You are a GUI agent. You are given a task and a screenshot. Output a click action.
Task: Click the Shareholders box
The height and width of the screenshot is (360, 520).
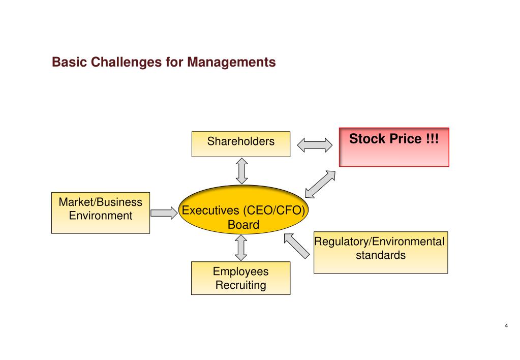[240, 144]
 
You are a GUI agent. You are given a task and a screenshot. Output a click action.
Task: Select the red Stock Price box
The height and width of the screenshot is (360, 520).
[394, 147]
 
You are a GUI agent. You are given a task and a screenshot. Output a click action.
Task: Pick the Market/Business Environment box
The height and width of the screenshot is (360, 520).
[101, 213]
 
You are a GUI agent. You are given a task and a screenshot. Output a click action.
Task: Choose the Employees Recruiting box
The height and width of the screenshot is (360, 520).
[240, 278]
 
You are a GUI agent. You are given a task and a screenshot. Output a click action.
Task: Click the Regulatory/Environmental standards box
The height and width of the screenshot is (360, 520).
[380, 253]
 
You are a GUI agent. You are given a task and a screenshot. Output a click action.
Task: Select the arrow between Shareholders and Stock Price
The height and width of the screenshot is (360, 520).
[314, 146]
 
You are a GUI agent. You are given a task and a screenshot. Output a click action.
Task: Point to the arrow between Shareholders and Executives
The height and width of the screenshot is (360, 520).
[242, 170]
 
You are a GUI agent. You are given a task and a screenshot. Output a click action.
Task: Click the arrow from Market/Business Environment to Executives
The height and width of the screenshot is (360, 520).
[163, 213]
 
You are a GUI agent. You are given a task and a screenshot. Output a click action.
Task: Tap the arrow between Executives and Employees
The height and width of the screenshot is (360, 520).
[241, 248]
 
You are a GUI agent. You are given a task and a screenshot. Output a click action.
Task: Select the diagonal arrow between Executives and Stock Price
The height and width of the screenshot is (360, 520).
[320, 184]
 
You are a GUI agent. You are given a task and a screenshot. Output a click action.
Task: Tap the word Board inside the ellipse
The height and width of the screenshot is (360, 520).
[243, 224]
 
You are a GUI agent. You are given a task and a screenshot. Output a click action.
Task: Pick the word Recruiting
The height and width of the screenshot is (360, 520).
[240, 285]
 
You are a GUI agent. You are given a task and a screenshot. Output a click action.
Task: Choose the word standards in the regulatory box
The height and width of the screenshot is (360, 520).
[381, 255]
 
